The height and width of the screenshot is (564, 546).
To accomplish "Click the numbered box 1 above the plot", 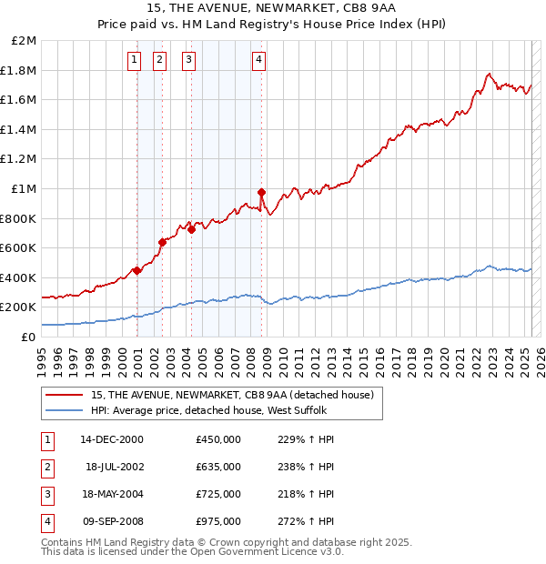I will (x=135, y=61).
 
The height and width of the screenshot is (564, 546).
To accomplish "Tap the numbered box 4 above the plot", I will (x=259, y=61).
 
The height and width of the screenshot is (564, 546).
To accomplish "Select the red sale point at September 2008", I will (x=261, y=192).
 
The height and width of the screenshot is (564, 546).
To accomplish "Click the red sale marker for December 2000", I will (x=136, y=270).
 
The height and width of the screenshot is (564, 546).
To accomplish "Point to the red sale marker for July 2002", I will (x=162, y=242).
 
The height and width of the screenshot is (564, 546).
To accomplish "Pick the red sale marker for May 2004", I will (x=192, y=229).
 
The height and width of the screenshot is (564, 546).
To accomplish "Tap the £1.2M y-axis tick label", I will (x=20, y=159).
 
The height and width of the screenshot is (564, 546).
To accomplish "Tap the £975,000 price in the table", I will (x=217, y=521).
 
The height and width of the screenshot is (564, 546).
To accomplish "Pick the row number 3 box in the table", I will (x=47, y=494).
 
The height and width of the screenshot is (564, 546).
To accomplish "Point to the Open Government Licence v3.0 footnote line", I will (x=193, y=551).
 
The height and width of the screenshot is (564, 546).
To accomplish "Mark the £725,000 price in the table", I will (x=217, y=494).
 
